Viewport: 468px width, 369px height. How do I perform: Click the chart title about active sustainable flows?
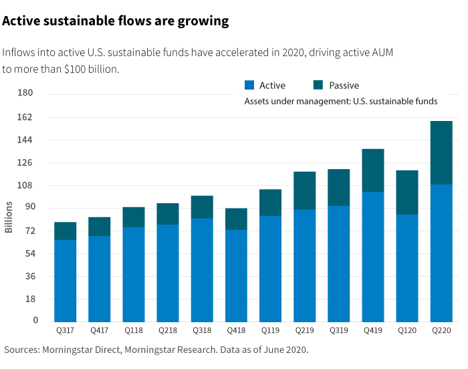click(x=116, y=21)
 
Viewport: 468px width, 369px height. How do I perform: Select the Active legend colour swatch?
click(x=249, y=85)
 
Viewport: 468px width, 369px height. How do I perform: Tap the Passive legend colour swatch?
click(x=318, y=85)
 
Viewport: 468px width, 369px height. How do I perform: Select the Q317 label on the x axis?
click(x=65, y=330)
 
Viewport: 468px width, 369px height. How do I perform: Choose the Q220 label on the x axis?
click(x=441, y=330)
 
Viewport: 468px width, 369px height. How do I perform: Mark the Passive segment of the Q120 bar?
click(x=406, y=193)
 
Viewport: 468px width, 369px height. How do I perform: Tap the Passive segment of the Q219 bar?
click(x=304, y=191)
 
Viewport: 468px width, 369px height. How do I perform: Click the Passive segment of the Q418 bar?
click(x=235, y=219)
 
